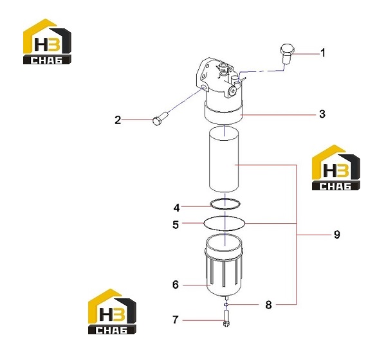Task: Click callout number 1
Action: click(323, 53)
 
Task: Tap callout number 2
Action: click(118, 120)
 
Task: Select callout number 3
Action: click(322, 114)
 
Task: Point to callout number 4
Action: click(176, 208)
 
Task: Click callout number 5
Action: click(176, 224)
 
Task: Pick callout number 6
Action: click(175, 284)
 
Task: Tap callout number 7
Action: click(175, 319)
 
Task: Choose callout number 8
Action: click(268, 305)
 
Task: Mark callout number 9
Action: click(336, 234)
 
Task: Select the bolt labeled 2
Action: click(160, 118)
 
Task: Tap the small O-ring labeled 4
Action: click(225, 204)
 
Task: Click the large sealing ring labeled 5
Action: click(225, 224)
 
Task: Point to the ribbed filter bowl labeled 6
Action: click(224, 265)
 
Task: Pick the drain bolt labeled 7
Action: click(226, 318)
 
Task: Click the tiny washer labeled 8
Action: click(226, 305)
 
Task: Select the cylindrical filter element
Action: click(224, 159)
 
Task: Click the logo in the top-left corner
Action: click(47, 42)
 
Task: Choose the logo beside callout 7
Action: click(112, 311)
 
